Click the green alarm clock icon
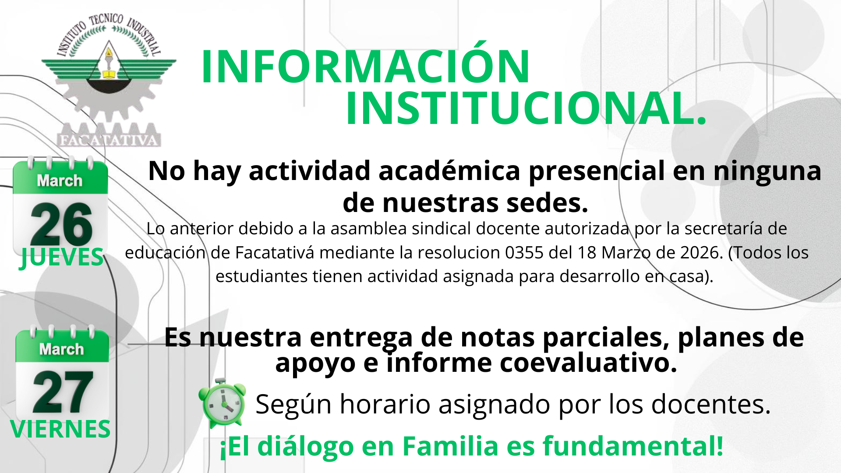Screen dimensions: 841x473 click(x=222, y=402)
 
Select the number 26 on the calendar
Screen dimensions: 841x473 click(x=61, y=224)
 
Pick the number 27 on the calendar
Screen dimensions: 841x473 click(x=63, y=392)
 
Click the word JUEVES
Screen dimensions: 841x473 click(x=62, y=257)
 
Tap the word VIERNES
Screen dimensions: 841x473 click(x=60, y=429)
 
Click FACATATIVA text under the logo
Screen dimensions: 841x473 click(x=108, y=140)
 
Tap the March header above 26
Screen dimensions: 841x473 click(x=60, y=180)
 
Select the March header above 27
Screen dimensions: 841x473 click(x=61, y=349)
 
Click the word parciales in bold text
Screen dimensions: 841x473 click(x=606, y=338)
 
